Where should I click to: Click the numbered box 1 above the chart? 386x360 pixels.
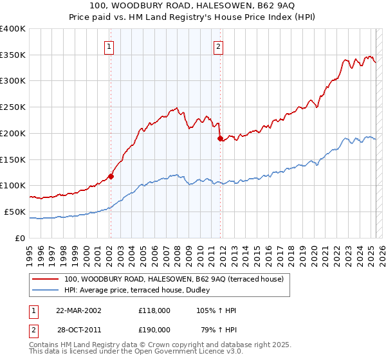(110, 46)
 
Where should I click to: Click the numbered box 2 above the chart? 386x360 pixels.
(219, 46)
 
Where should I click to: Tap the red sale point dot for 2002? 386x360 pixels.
(111, 175)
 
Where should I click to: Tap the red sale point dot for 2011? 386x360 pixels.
(220, 138)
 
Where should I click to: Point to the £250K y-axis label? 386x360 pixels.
(13, 107)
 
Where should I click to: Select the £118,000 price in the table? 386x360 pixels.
(154, 310)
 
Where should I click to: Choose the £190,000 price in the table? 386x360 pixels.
(154, 329)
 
